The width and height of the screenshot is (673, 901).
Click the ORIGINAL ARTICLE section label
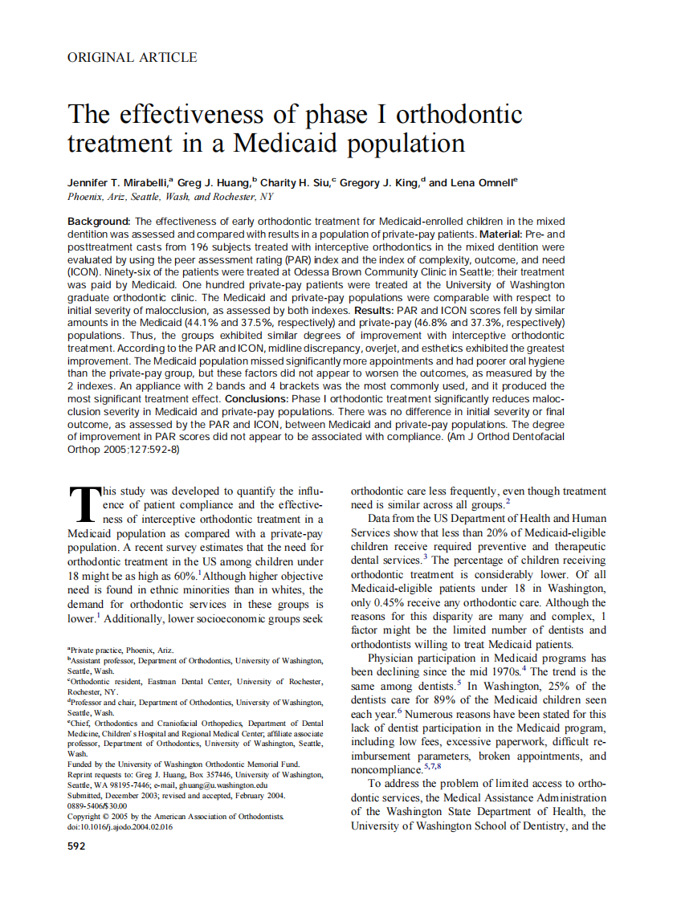(x=132, y=57)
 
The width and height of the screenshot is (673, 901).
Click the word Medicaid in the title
(x=292, y=143)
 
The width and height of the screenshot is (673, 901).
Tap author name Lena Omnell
(x=482, y=183)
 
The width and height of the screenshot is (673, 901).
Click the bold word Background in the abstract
(x=99, y=221)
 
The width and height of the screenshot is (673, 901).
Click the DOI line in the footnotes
(x=120, y=827)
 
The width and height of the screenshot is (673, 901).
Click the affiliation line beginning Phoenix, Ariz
(x=170, y=196)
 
